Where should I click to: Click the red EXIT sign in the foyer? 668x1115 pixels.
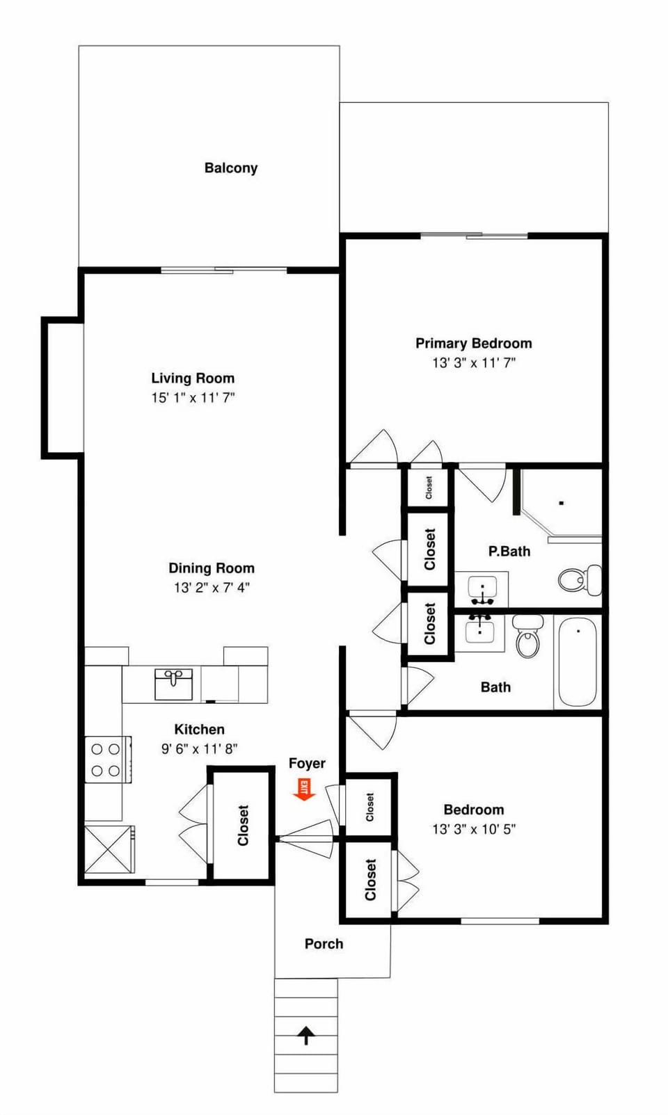click(x=303, y=789)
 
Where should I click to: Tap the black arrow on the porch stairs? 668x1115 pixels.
click(x=305, y=1036)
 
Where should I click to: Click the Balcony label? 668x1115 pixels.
click(x=231, y=168)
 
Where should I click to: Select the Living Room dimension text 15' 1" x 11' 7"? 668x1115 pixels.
click(x=193, y=398)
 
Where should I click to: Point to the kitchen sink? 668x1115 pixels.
click(x=173, y=684)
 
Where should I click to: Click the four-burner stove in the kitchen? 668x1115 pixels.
click(x=106, y=760)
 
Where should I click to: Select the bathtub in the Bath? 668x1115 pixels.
click(x=578, y=662)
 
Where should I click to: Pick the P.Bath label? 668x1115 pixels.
click(x=509, y=552)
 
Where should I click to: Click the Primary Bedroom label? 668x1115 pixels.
click(x=473, y=344)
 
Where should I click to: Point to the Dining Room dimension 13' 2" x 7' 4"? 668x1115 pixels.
click(x=212, y=588)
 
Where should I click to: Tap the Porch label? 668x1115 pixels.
click(x=324, y=944)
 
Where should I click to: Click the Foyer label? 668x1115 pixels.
click(x=307, y=764)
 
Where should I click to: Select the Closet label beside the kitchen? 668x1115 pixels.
click(x=243, y=825)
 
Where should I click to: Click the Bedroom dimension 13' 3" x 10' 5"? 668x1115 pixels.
click(x=473, y=829)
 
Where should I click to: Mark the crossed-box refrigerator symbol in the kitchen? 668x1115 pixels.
click(x=109, y=849)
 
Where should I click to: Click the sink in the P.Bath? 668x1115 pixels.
click(x=482, y=589)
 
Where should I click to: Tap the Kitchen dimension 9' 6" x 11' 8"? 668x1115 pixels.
click(x=200, y=749)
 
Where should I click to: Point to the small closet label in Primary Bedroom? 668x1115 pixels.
click(x=429, y=488)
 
